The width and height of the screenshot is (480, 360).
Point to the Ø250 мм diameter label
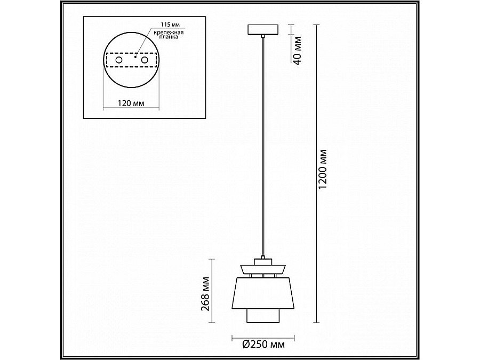tap(263, 346)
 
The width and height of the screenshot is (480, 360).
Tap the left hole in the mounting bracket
tap(118, 61)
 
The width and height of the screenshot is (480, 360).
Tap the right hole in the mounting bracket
tap(143, 61)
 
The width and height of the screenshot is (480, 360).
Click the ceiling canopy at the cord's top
tap(263, 30)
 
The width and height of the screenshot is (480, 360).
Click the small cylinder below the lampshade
tap(263, 316)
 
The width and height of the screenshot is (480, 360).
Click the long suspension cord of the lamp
tap(263, 149)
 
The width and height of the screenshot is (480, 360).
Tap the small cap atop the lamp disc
tap(263, 261)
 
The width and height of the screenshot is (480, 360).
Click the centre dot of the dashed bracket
tap(135, 56)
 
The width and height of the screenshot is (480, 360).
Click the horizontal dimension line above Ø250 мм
tap(263, 337)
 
